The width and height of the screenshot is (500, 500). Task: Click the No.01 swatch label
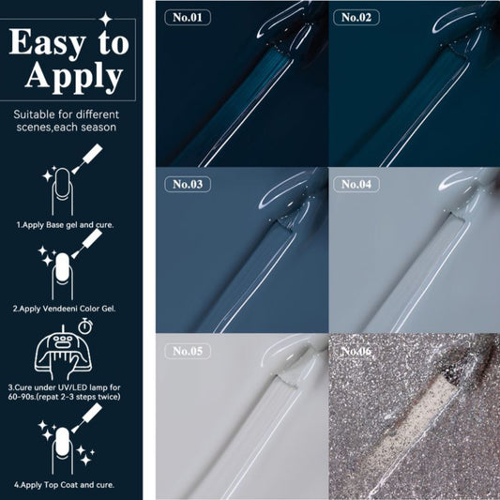188,17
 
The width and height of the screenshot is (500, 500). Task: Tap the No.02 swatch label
356,17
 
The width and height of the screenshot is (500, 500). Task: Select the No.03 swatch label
188,184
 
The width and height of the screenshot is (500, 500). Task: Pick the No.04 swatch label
356,184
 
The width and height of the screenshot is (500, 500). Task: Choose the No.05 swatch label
188,351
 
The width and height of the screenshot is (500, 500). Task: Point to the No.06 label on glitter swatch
356,351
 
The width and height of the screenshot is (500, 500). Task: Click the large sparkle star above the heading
106,19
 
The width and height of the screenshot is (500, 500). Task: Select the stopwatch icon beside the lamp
85,326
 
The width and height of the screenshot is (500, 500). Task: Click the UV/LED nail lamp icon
63,353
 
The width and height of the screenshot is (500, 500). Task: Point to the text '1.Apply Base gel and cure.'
65,225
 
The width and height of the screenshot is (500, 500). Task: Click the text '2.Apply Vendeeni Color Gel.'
64,309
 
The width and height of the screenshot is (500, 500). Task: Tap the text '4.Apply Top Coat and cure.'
64,485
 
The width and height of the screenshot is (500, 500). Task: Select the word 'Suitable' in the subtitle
35,114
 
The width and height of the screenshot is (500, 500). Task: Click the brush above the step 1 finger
87,159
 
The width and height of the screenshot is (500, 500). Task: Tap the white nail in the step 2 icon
62,267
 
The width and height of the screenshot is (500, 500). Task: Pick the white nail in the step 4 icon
62,442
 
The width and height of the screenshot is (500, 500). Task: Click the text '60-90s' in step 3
20,397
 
